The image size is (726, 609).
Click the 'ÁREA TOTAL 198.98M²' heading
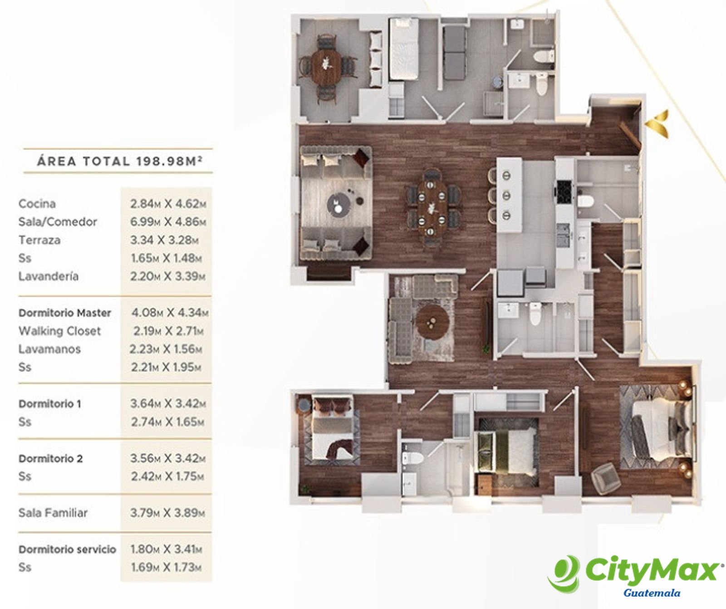tap(119, 161)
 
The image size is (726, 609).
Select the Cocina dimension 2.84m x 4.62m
tap(168, 204)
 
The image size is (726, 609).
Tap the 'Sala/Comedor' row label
tap(58, 222)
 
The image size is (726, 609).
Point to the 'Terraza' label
tap(39, 240)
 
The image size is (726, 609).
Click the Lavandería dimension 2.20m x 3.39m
tap(167, 276)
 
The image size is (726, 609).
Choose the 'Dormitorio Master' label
tap(64, 313)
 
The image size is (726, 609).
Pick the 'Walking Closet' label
tap(59, 331)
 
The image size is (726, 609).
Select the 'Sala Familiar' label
tap(53, 513)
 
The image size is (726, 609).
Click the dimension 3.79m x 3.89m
tap(167, 513)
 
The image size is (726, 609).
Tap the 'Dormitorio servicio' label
tap(67, 549)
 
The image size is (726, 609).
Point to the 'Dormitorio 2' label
tap(50, 458)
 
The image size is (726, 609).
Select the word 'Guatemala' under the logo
tap(652, 593)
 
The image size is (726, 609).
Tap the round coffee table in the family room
tap(433, 322)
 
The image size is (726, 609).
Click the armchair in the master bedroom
tap(606, 478)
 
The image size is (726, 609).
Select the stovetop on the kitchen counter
tap(564, 192)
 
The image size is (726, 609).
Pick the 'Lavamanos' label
tap(49, 349)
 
